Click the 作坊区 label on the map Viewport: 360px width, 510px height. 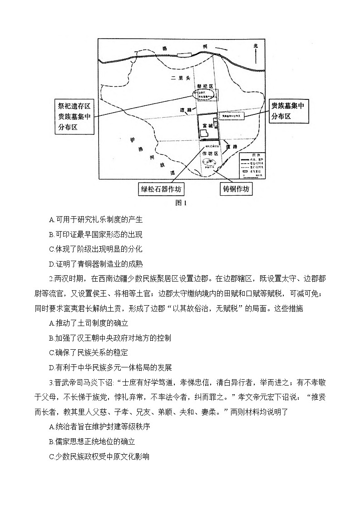click(x=210, y=153)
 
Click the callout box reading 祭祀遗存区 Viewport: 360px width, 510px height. click(x=74, y=117)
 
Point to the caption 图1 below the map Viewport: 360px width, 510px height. click(x=181, y=203)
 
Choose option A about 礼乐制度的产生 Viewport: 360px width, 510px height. click(x=96, y=219)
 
